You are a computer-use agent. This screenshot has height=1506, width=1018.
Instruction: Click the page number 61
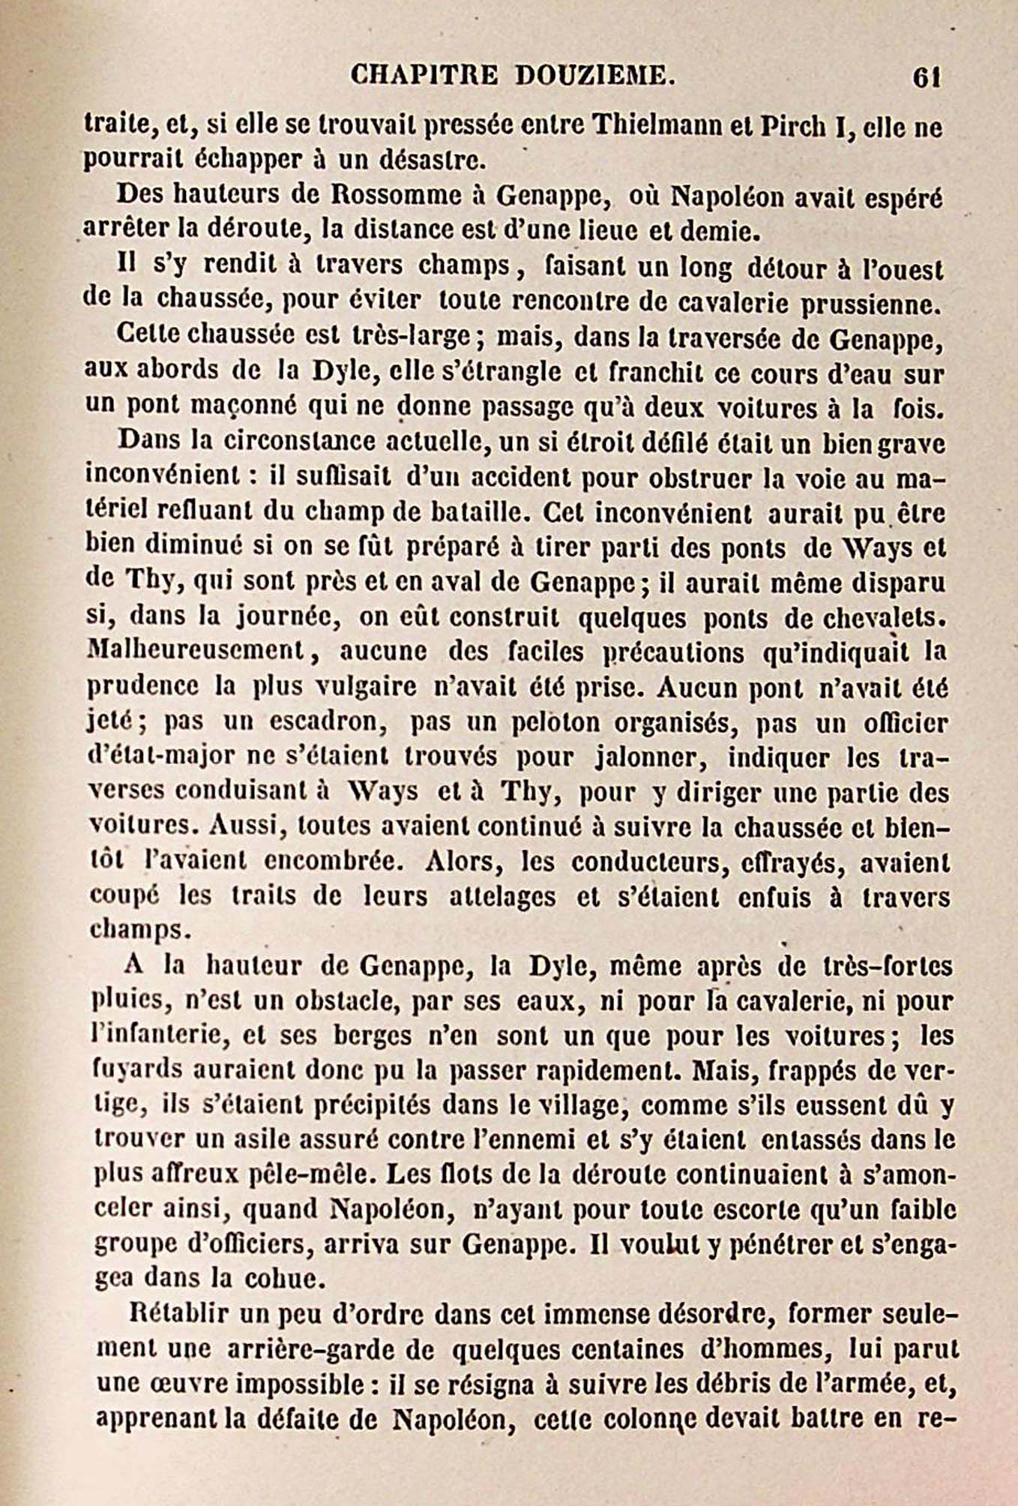pyautogui.click(x=927, y=78)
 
